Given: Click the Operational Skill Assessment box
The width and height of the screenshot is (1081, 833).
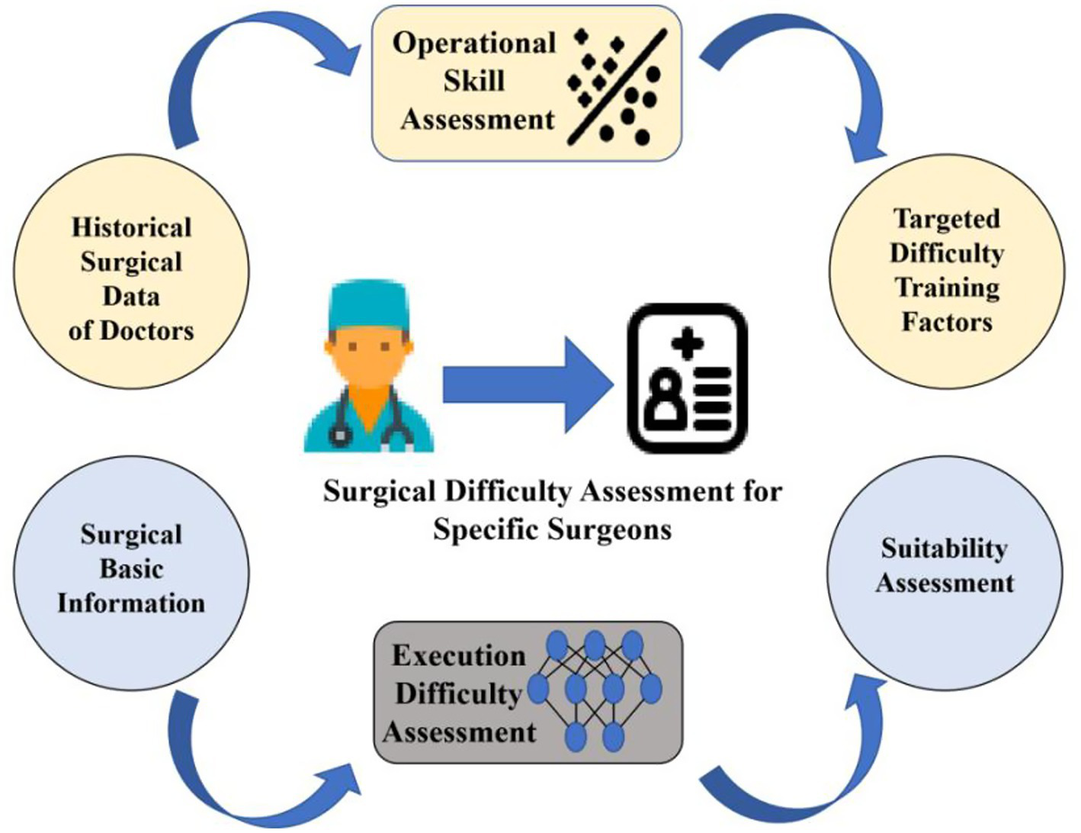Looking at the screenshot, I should click(x=526, y=82).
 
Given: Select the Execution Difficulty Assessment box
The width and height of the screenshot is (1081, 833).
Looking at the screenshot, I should click(x=528, y=693).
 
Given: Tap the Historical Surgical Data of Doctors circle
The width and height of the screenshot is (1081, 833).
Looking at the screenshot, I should click(x=131, y=279).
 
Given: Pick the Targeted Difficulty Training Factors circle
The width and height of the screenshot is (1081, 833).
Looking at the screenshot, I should click(x=946, y=271).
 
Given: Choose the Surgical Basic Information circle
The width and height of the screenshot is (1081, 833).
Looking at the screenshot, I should click(x=131, y=569).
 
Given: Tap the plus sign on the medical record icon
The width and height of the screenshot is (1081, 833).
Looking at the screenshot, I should click(x=688, y=345).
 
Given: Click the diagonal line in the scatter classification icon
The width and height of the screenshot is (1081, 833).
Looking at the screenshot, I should click(x=617, y=88).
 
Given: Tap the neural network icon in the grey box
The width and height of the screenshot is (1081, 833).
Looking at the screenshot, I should click(x=595, y=690).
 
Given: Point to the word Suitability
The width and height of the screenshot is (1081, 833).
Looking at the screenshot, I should click(x=944, y=548).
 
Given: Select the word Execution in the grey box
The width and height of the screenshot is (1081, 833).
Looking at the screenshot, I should click(x=459, y=657).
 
